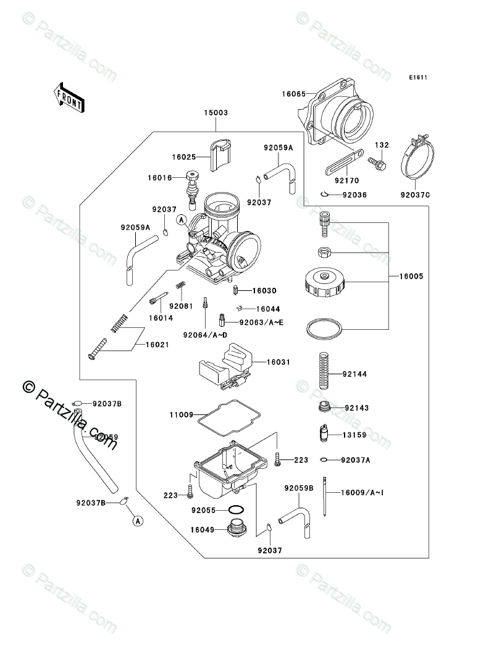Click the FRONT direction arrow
click(x=69, y=96)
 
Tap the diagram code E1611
click(x=417, y=78)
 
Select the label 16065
click(x=293, y=94)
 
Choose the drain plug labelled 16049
click(x=237, y=529)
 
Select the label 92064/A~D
click(x=205, y=335)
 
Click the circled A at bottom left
click(x=138, y=521)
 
